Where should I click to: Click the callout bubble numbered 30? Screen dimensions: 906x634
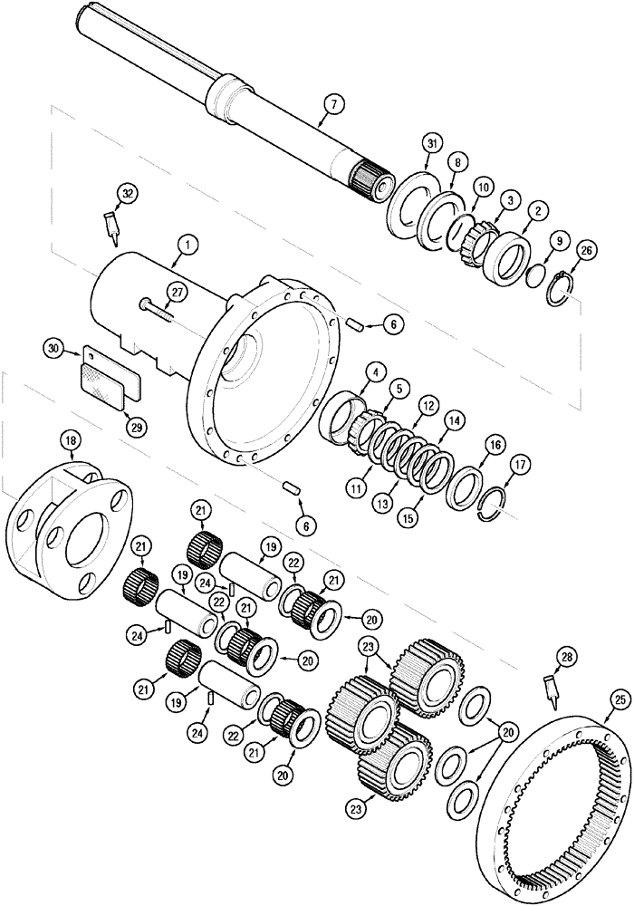coord(53,349)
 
